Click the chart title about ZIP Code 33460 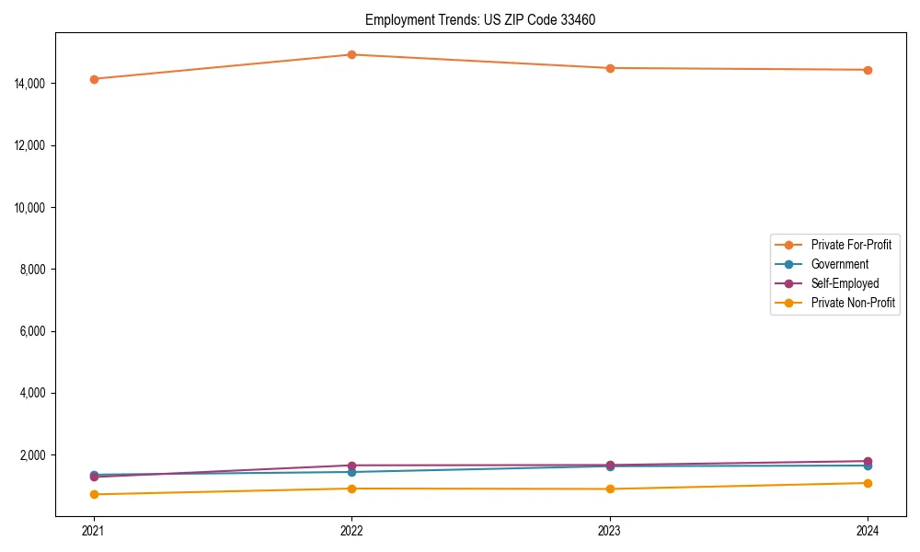[x=480, y=19]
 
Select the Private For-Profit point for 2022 [x=351, y=54]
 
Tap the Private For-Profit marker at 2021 [x=93, y=79]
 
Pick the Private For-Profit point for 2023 [x=609, y=68]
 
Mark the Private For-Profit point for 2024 [x=868, y=70]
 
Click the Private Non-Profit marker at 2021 [x=93, y=494]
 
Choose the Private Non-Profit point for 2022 [x=351, y=489]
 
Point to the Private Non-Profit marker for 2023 [x=609, y=489]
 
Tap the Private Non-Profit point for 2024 [x=868, y=483]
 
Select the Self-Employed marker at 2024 [x=868, y=461]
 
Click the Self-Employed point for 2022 [x=351, y=466]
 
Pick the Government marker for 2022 [x=351, y=472]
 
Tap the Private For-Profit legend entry [x=851, y=245]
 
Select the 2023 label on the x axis [x=609, y=530]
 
